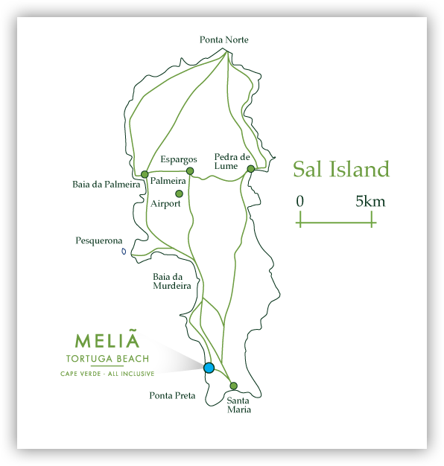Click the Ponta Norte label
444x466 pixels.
tap(224, 39)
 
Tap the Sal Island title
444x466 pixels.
tap(340, 169)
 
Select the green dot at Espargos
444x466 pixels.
tap(190, 171)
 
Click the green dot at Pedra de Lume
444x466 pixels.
tap(251, 169)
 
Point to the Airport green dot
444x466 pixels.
tap(179, 194)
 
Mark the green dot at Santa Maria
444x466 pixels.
tap(233, 386)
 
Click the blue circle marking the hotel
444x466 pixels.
tap(209, 368)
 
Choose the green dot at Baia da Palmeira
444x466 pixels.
tap(145, 174)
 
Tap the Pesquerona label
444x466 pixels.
tap(99, 240)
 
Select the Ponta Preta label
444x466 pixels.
tap(172, 395)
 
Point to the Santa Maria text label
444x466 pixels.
tap(238, 404)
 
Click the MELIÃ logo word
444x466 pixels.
tap(107, 341)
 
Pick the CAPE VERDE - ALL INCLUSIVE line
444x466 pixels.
tap(107, 373)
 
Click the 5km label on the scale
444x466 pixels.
tap(370, 201)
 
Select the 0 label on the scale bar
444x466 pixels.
tap(299, 201)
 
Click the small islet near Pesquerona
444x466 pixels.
tap(124, 251)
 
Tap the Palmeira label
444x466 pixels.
tap(168, 181)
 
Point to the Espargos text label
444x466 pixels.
tap(179, 159)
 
